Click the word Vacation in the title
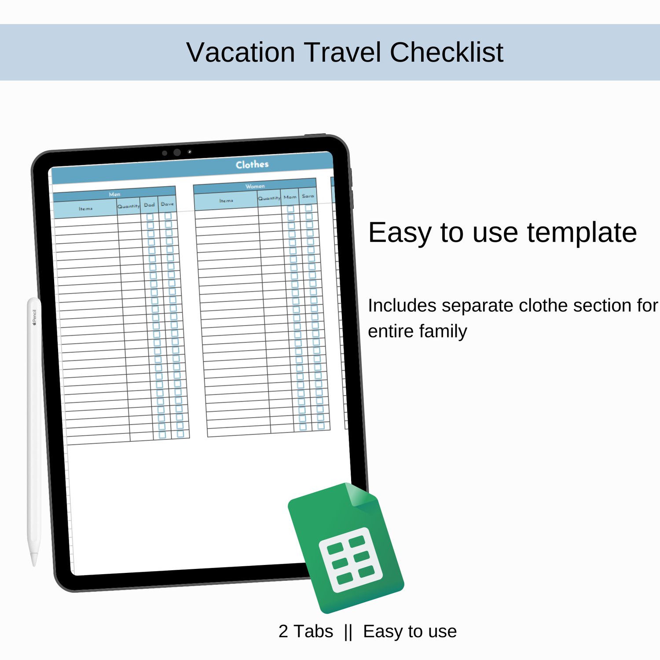point(241,52)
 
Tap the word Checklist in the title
point(446,52)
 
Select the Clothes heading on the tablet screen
point(252,165)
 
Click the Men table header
point(114,194)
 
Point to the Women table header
point(255,186)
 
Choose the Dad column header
point(149,205)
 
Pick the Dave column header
point(167,204)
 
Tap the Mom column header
point(290,197)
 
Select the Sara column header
point(308,196)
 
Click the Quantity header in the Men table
point(128,206)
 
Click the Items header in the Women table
point(226,201)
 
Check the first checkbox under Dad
point(150,217)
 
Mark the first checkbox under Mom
point(291,209)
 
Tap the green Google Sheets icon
point(346,548)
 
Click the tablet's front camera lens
point(177,152)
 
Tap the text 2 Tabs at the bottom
point(306,631)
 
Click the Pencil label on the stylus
point(34,317)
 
